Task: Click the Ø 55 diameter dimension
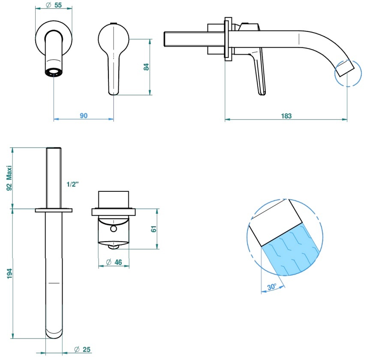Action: (x=54, y=5)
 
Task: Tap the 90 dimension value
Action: (x=84, y=115)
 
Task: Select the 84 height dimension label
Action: (x=146, y=67)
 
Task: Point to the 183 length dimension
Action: (x=286, y=116)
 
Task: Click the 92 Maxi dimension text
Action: (x=9, y=178)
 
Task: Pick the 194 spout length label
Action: (x=9, y=274)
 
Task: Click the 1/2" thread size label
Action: (x=72, y=184)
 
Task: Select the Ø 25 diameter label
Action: (x=82, y=349)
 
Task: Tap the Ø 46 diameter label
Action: (x=114, y=262)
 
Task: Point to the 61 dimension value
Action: (x=153, y=229)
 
